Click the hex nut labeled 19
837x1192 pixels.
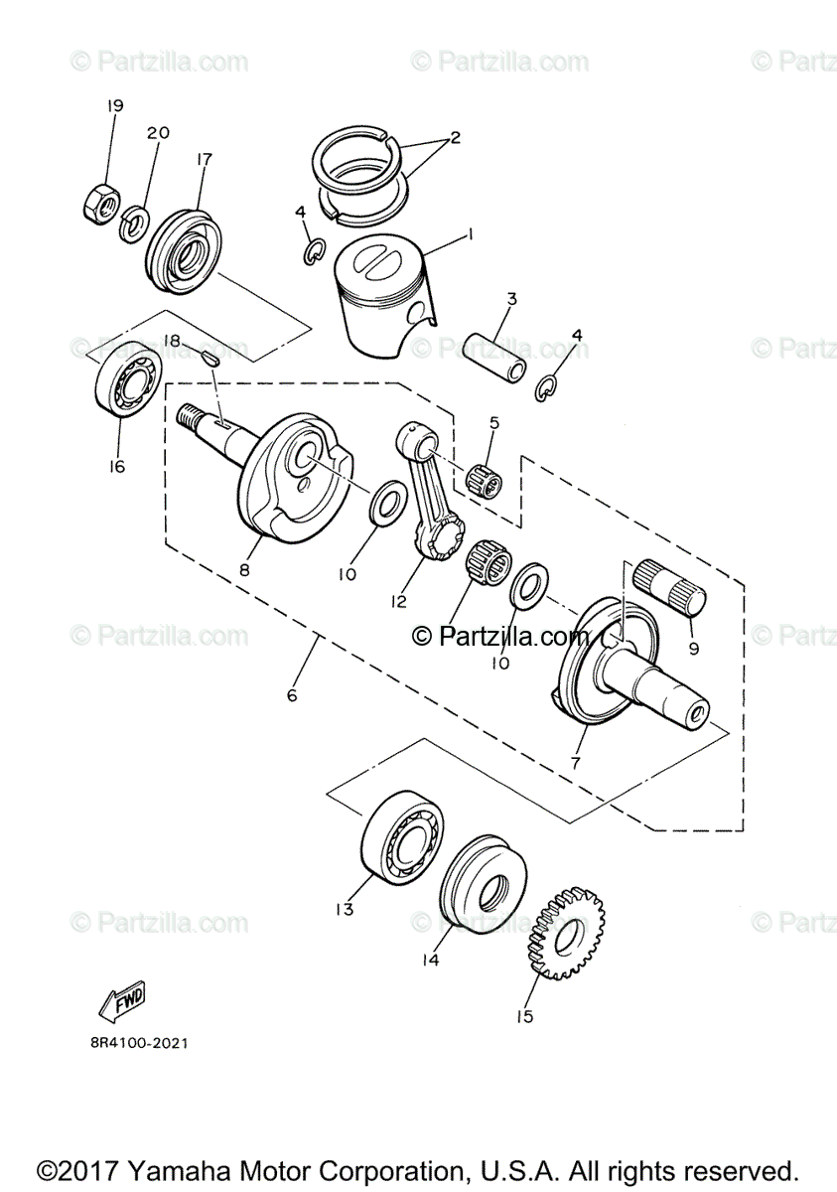(98, 203)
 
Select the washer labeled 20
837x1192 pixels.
(134, 224)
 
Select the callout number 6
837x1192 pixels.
(292, 695)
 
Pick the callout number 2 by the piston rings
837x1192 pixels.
(455, 138)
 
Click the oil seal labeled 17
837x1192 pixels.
(187, 247)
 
